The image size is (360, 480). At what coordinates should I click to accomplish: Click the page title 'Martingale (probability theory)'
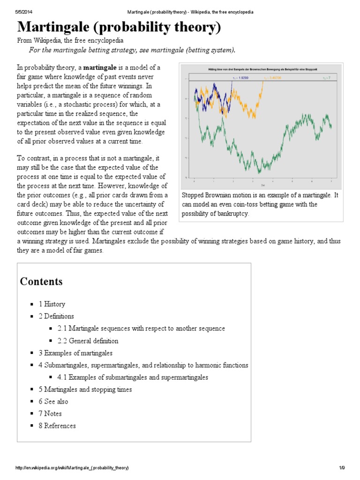click(119, 27)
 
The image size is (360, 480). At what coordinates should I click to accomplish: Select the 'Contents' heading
click(41, 282)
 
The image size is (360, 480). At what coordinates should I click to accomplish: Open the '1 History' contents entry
click(52, 304)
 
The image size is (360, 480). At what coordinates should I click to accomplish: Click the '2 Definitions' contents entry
click(56, 316)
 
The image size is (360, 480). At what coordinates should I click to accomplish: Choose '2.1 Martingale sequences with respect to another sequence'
click(141, 329)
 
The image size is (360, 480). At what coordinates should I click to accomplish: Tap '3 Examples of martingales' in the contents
click(75, 353)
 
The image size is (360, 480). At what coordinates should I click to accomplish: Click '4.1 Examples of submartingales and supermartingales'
click(133, 377)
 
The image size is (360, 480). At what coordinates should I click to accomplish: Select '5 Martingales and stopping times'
click(85, 390)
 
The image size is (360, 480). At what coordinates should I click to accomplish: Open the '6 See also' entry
click(53, 402)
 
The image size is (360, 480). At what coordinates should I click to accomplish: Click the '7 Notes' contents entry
click(50, 414)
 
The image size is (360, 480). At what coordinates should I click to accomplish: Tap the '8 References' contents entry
click(57, 426)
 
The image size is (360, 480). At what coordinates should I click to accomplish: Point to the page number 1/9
click(341, 468)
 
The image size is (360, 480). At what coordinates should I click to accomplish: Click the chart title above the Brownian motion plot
click(262, 69)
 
